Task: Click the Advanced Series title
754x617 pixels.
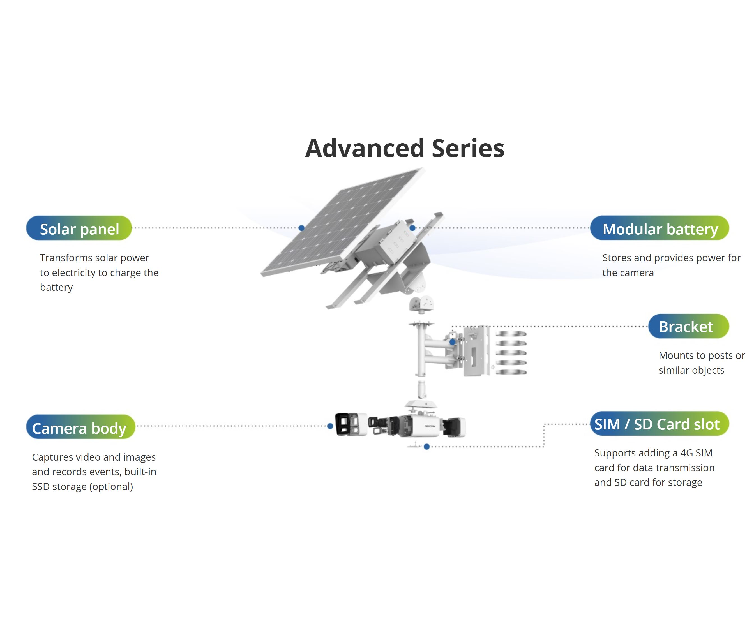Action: [405, 148]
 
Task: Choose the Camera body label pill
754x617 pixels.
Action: [80, 427]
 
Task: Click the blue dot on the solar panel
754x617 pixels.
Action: [301, 228]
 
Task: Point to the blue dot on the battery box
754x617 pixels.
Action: [412, 228]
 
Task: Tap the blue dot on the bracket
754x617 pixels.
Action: [452, 342]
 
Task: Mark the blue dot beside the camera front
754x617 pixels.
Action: [330, 426]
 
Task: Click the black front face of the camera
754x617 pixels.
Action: [342, 424]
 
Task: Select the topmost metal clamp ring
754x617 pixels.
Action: [511, 334]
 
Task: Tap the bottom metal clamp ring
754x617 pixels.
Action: [511, 372]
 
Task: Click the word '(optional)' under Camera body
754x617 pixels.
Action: [111, 487]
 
